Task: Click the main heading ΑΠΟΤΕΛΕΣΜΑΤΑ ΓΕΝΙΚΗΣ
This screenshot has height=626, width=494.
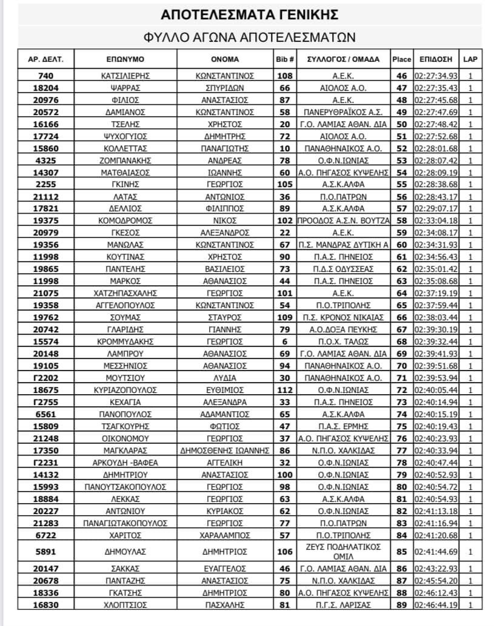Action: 250,14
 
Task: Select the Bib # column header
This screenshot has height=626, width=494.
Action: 284,59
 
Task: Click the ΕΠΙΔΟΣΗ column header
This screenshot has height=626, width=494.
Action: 435,59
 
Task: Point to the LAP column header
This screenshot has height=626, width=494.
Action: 469,59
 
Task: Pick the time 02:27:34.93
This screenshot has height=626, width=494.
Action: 435,76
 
